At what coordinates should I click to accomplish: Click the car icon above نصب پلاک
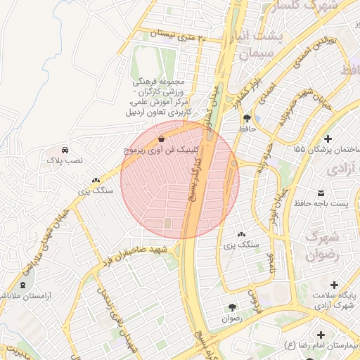tap(65, 150)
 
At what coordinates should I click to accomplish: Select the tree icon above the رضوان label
tap(232, 307)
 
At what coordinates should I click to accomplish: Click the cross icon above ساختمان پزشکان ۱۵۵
tap(328, 138)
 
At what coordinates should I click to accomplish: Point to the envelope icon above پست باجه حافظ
tap(321, 193)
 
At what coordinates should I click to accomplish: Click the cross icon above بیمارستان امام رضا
tap(322, 335)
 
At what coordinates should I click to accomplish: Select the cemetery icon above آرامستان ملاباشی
tap(23, 285)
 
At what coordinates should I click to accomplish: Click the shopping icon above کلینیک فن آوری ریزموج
tap(162, 139)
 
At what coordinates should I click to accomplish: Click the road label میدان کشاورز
tap(211, 109)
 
